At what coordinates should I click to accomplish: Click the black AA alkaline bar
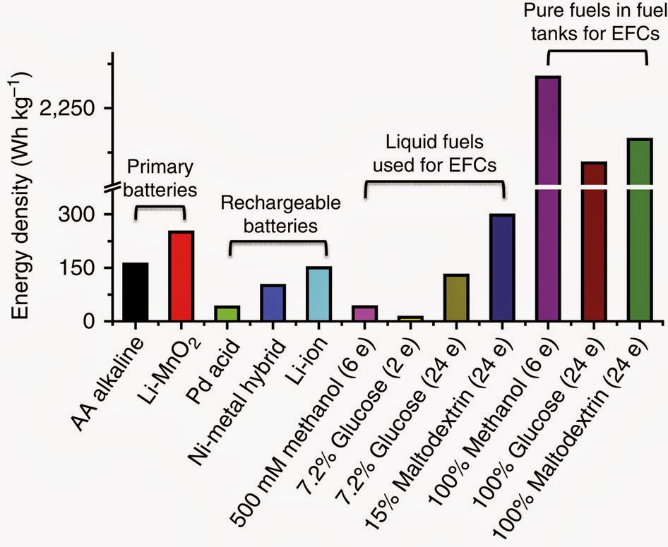coord(136,291)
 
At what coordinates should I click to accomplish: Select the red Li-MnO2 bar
coord(181,276)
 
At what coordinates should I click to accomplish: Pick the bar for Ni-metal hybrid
coord(273,303)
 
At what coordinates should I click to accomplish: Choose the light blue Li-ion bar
coord(318,294)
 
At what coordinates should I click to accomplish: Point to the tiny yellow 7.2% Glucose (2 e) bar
coord(410,318)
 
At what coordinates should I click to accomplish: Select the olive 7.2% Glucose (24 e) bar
coord(456,298)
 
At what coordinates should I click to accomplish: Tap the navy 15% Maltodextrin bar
coord(502,268)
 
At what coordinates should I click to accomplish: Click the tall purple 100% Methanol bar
coord(547,198)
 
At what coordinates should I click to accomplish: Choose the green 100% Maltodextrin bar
coord(639,229)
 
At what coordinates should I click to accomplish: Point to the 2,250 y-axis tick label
coord(69,109)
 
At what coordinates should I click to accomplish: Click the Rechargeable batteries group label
coord(280,215)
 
